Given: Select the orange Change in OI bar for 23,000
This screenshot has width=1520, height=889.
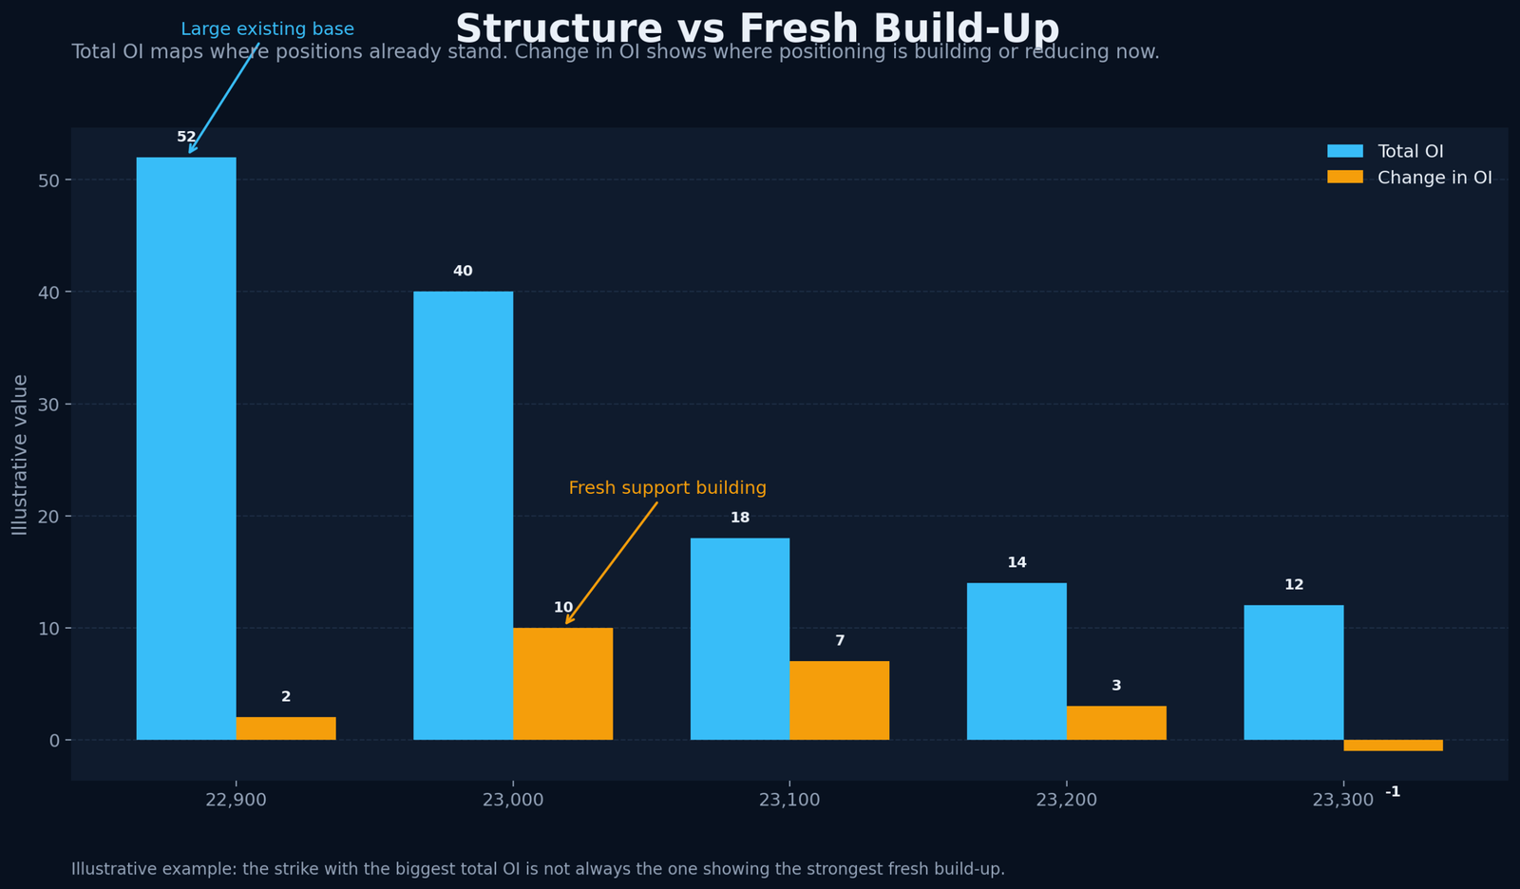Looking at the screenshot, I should click(562, 684).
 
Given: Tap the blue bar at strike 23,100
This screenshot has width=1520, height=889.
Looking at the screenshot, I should click(739, 638).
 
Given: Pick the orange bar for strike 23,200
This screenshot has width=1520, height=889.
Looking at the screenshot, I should click(1116, 723).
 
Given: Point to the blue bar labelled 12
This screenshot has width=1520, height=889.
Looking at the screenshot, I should click(1293, 672).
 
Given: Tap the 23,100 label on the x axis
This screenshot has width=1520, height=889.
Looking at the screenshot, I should click(789, 800).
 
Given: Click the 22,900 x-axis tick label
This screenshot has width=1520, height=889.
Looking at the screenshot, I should click(236, 800).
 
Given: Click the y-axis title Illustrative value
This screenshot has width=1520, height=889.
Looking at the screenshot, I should click(20, 454).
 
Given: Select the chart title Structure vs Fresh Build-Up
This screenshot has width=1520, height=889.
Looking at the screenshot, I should click(757, 28).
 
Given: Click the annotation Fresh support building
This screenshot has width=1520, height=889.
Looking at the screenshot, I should click(667, 488).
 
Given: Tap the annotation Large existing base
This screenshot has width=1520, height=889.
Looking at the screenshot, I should click(267, 29).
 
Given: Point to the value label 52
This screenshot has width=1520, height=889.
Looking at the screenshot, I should click(186, 138).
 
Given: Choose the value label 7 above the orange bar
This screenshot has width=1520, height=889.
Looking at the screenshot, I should click(840, 641).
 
